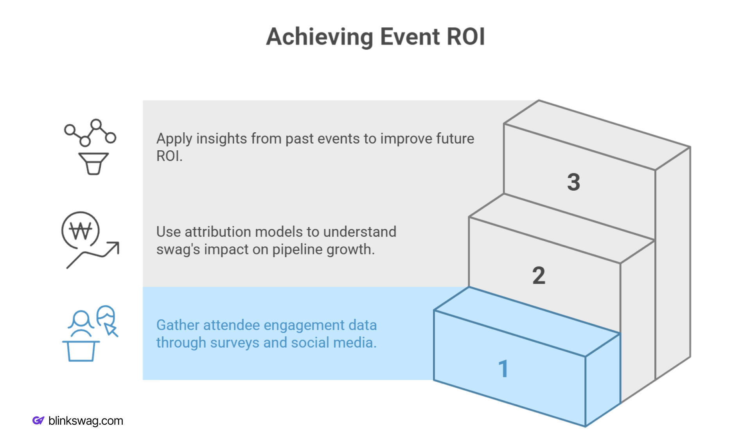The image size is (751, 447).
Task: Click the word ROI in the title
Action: click(465, 37)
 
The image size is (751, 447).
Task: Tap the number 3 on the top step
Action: click(573, 182)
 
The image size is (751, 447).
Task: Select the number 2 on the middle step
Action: click(538, 275)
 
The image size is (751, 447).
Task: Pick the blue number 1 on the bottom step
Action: click(503, 369)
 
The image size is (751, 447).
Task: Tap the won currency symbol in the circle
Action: click(81, 231)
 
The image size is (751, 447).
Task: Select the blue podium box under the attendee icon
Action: click(81, 351)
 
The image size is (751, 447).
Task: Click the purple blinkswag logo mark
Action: click(38, 421)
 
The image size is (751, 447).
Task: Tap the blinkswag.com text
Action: click(86, 421)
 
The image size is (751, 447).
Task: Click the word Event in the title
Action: click(410, 37)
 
